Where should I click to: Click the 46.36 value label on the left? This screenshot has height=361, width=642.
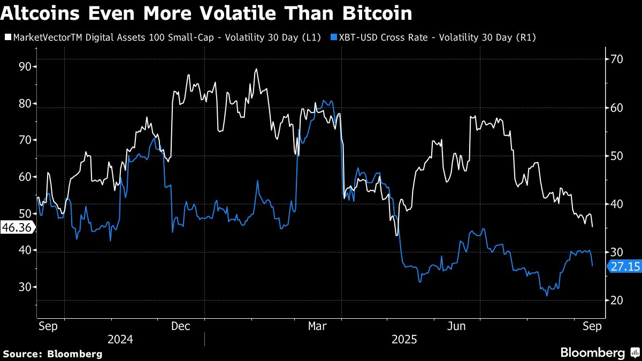point(16,228)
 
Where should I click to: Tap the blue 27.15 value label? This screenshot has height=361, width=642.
point(624,266)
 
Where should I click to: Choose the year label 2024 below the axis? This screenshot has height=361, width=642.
point(120,340)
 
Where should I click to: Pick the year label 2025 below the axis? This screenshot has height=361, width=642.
point(405,340)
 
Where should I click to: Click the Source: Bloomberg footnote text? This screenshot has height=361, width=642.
point(52,354)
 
